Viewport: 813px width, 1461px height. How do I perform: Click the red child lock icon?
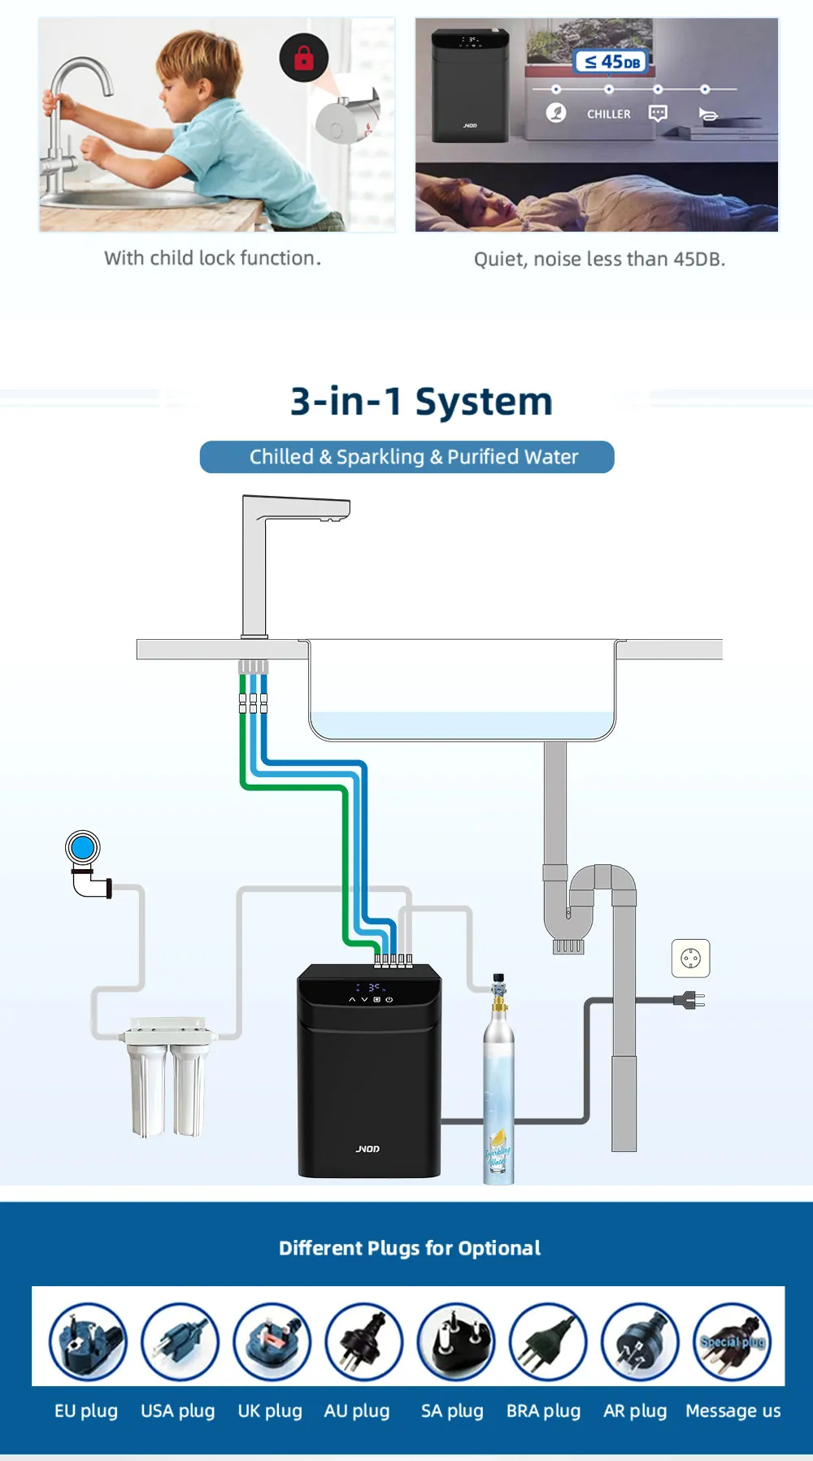(x=303, y=57)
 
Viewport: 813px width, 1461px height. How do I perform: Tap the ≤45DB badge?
(x=612, y=62)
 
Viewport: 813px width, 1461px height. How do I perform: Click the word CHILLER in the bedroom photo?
(x=609, y=115)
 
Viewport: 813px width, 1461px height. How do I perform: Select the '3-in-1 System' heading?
(x=421, y=402)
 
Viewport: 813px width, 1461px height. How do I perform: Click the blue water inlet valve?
(x=83, y=848)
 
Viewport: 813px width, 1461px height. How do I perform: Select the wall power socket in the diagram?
(x=690, y=959)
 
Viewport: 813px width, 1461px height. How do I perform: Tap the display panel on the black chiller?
(x=371, y=993)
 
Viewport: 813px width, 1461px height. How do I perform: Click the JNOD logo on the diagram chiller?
(x=367, y=1149)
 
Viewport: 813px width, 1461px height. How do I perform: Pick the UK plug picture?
(x=272, y=1341)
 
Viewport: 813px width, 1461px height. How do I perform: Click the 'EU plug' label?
(x=86, y=1411)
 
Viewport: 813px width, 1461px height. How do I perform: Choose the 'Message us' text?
(x=733, y=1411)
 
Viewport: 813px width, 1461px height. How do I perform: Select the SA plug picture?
(x=455, y=1341)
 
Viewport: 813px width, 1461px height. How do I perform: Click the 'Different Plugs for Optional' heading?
(x=409, y=1248)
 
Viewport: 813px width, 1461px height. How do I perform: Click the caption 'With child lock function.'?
(x=212, y=259)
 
